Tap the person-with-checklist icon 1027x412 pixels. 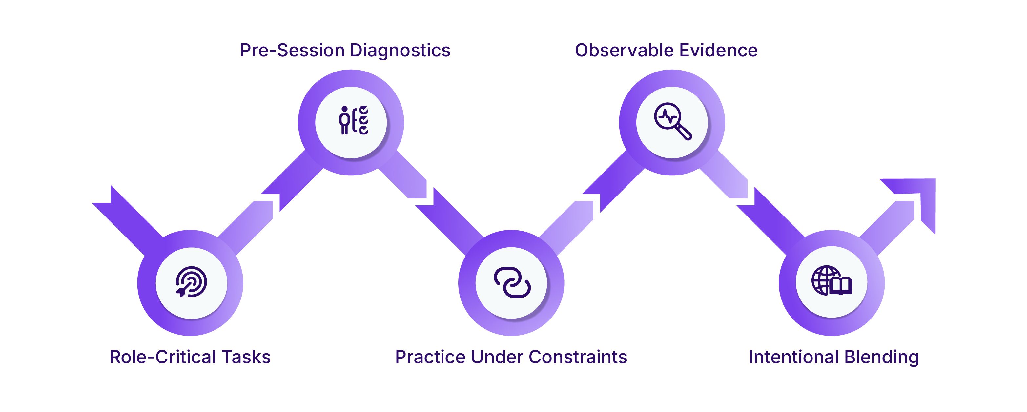pos(354,120)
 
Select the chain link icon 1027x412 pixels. pos(512,282)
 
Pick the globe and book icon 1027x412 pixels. pos(832,281)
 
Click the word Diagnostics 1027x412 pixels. pos(400,51)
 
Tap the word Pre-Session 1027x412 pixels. pos(292,51)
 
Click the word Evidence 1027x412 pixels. pos(718,51)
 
